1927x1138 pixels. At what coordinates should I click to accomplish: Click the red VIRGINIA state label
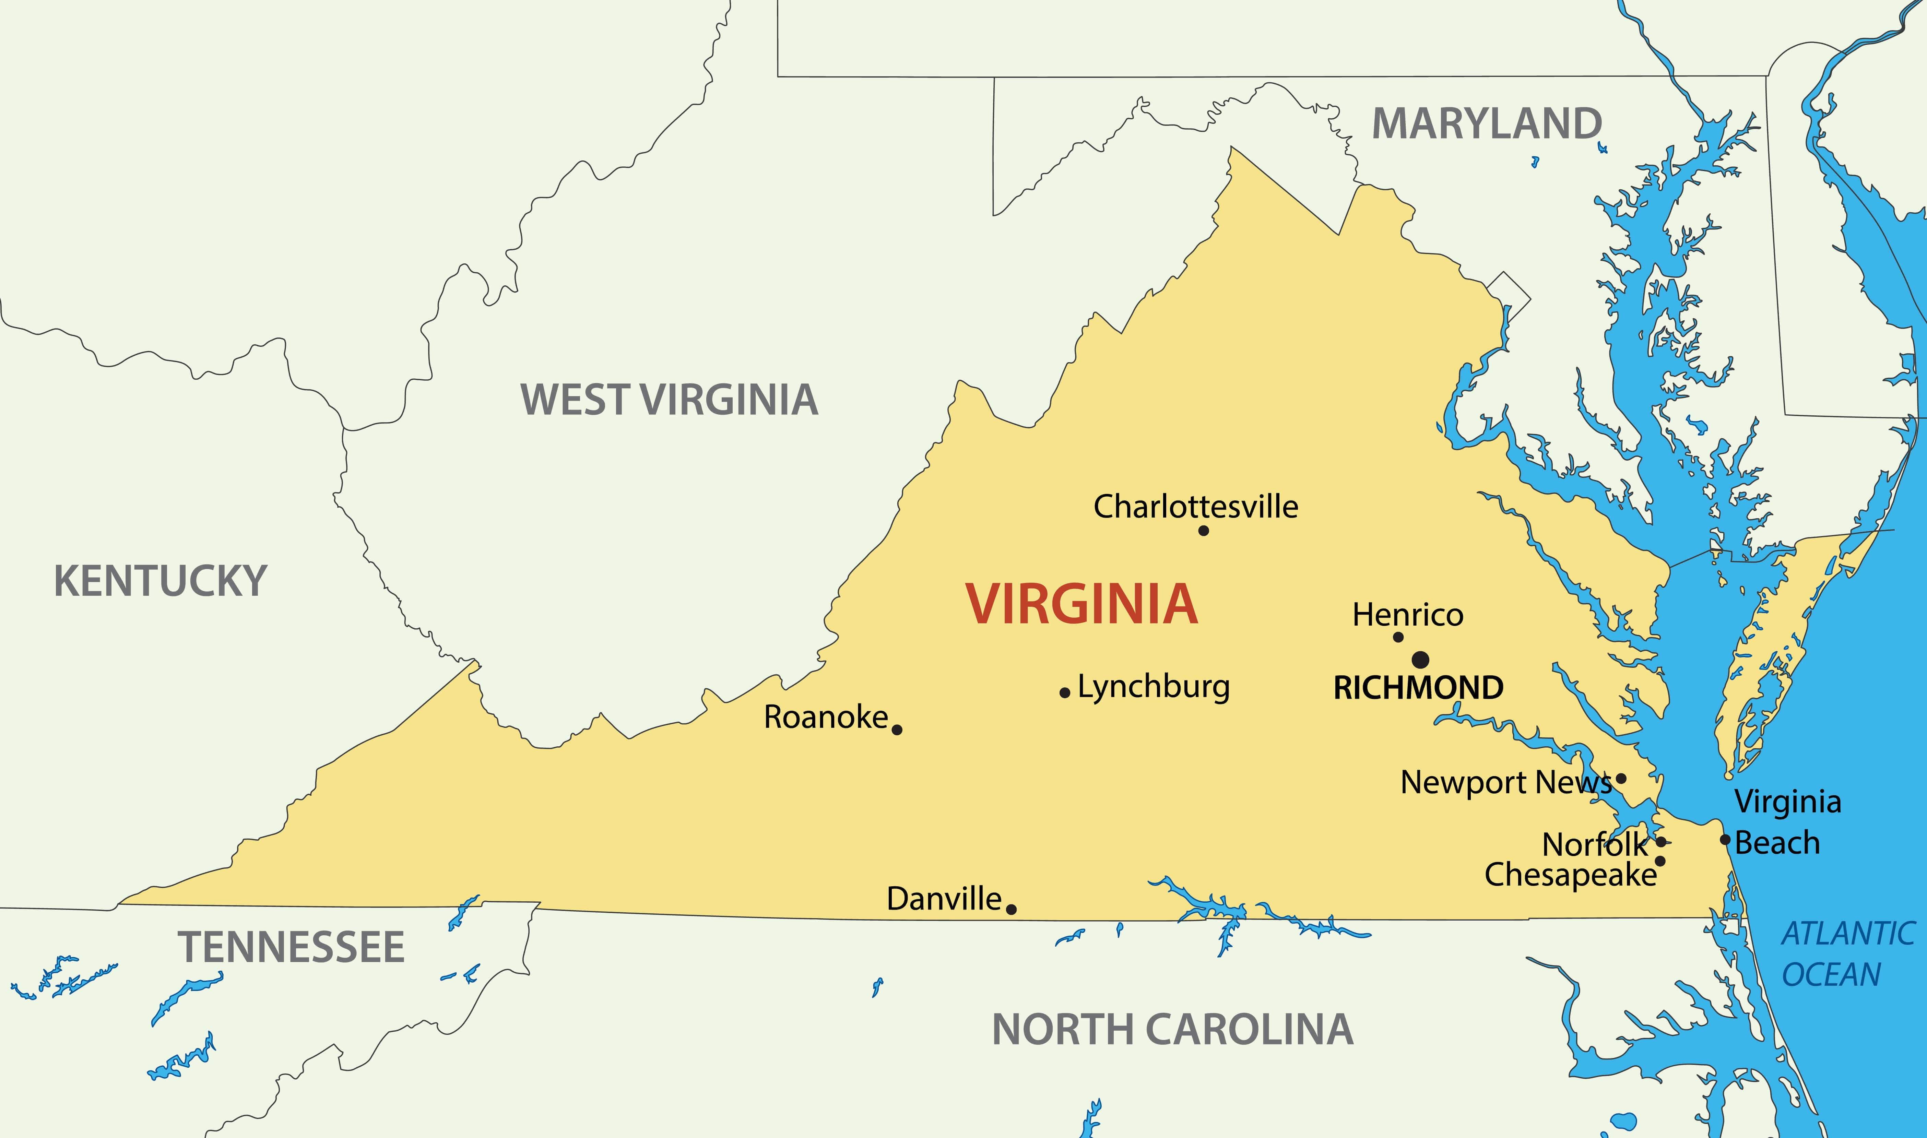tap(1081, 604)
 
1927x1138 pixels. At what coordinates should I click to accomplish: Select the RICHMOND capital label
tap(1419, 688)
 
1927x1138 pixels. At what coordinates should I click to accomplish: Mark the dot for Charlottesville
tap(1203, 531)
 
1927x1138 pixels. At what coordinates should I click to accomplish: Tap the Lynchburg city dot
tap(1064, 692)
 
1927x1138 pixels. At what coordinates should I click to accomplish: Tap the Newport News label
tap(1505, 782)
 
